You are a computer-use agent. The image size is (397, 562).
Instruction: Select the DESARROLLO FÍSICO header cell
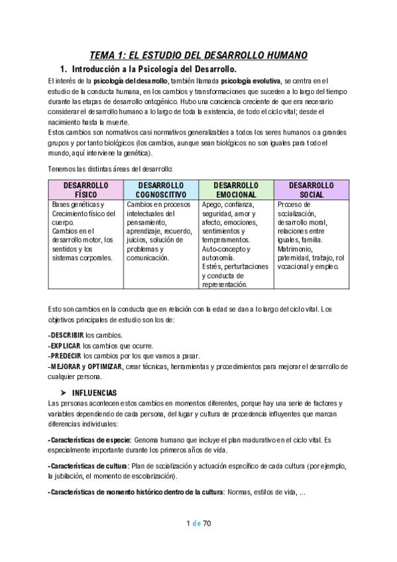tap(85, 190)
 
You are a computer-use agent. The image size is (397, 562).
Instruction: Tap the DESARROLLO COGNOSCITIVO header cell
tap(160, 190)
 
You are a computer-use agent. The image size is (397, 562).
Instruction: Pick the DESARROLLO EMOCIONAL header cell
tap(235, 190)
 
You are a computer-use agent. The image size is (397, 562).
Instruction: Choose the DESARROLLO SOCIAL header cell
tap(311, 190)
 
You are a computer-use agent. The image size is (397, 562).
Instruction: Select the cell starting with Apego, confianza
tap(235, 244)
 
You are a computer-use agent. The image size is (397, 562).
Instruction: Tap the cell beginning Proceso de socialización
tap(310, 235)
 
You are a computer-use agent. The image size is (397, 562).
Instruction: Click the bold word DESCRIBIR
tap(66, 335)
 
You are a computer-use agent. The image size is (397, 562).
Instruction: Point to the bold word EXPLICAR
tap(66, 345)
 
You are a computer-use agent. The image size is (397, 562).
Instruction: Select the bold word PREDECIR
tap(66, 356)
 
